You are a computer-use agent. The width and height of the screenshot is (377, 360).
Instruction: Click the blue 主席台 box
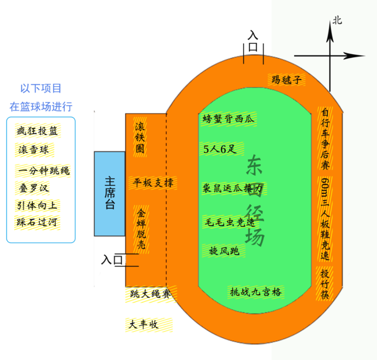pos(109,194)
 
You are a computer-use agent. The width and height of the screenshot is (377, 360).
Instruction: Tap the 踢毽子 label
pos(287,80)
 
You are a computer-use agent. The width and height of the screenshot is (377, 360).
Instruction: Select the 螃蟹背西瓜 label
pos(228,119)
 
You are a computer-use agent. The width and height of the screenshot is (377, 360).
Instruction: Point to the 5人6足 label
pos(221,149)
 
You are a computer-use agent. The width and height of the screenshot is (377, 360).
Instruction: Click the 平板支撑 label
pos(153,182)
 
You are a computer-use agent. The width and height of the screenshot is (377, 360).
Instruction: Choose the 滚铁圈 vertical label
pos(140,137)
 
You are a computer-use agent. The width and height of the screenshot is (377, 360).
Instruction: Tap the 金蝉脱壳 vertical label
pos(141,229)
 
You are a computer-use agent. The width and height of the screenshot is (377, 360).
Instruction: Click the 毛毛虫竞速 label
pos(229,222)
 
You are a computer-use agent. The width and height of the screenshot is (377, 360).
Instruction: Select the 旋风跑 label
pos(224,251)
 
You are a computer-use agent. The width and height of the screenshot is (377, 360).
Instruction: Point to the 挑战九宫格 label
pos(256,292)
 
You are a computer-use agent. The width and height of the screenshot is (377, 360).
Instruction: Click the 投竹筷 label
pos(324,284)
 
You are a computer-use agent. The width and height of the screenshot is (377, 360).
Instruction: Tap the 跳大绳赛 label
pos(151,294)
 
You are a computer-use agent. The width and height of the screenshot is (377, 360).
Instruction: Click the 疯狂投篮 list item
pos(37,131)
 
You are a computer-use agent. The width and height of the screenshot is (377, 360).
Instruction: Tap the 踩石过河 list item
pos(37,222)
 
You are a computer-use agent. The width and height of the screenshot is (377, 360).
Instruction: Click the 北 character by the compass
pos(337,21)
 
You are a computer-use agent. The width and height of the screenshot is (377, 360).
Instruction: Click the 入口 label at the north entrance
pos(253,41)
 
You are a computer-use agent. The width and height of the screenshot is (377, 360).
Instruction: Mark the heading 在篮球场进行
pos(41,107)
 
